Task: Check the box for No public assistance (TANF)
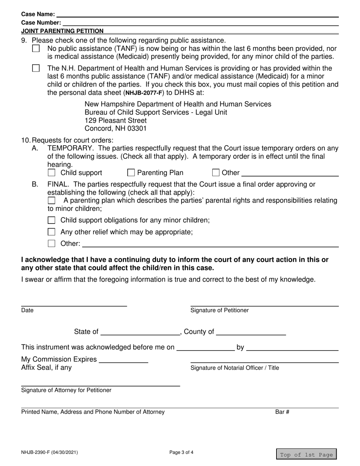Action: (x=36, y=49)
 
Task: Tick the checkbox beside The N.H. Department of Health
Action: (x=36, y=69)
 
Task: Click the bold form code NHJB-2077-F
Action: (x=144, y=92)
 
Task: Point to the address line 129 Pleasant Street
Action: (x=116, y=120)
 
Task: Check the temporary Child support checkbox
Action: (x=52, y=173)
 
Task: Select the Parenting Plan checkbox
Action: (x=131, y=173)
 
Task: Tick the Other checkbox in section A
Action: (x=216, y=173)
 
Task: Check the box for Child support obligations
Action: (x=52, y=220)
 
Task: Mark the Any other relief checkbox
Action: (x=52, y=232)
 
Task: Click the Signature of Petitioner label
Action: (x=219, y=311)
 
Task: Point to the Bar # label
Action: (x=282, y=412)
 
